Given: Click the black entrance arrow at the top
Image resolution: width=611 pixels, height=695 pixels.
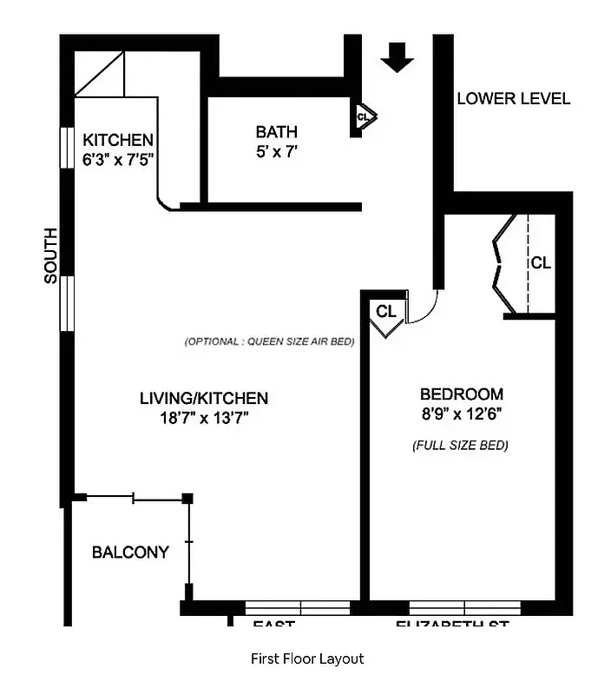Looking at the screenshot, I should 397,56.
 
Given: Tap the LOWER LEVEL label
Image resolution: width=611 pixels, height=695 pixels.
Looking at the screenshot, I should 513,98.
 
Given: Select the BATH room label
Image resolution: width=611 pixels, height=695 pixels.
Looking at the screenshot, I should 276,132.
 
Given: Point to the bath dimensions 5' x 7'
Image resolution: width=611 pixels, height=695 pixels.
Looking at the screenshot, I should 276,151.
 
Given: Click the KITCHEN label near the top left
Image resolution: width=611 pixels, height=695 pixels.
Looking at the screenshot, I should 118,140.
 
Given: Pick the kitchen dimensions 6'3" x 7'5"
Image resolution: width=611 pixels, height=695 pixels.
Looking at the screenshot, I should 118,159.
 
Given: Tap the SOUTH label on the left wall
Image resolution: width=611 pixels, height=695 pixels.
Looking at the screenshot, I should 51,255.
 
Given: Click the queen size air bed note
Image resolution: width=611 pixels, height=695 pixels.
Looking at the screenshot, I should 269,341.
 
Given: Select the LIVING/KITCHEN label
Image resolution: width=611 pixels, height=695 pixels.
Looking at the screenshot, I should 204,399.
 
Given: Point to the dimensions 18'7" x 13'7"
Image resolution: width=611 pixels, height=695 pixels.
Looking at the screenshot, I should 204,418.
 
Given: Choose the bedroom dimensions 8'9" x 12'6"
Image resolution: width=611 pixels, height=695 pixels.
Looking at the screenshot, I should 461,414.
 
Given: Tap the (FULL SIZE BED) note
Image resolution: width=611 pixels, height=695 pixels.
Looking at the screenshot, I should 460,446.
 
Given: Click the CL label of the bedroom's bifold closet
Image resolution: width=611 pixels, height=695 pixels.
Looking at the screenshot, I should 541,262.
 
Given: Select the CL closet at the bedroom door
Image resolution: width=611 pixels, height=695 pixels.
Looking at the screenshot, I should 386,311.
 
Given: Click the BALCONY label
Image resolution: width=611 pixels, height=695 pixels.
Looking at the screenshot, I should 130,552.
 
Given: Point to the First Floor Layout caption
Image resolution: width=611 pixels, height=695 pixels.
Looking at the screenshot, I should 306,659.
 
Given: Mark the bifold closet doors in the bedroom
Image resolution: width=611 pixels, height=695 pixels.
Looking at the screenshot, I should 500,264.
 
